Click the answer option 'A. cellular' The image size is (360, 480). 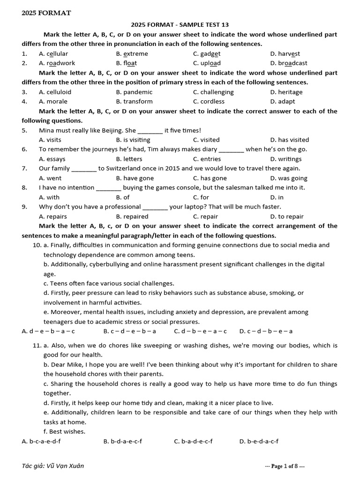(x=53, y=54)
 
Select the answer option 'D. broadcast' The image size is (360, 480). (x=289, y=63)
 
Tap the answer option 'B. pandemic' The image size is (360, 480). (x=134, y=92)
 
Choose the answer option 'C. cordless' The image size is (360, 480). (x=209, y=102)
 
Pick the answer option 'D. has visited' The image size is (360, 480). (x=289, y=140)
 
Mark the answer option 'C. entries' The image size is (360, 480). (x=206, y=159)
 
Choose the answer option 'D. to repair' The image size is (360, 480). (x=287, y=217)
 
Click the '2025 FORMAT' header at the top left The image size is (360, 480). (x=46, y=13)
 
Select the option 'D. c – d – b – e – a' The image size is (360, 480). (x=266, y=331)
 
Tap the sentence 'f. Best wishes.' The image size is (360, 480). (x=65, y=432)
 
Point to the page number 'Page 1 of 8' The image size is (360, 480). (x=285, y=466)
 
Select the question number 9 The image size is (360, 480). (x=24, y=207)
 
